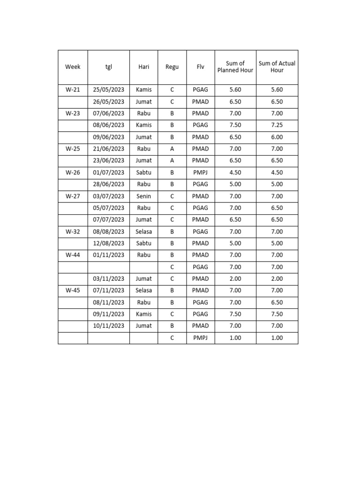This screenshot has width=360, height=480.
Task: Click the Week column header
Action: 73,67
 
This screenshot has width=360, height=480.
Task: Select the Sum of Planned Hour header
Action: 235,67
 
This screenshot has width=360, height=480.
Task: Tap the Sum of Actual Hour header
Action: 277,67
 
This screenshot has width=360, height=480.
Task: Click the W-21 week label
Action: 73,90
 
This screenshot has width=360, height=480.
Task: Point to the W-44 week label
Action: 73,255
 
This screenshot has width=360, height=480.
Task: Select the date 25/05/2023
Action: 109,90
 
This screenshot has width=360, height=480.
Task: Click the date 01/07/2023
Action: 109,172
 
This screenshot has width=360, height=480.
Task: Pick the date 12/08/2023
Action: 109,243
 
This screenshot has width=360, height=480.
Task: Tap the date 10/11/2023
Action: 109,326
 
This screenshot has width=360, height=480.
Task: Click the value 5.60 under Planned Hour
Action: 235,90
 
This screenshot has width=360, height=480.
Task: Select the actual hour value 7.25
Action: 277,125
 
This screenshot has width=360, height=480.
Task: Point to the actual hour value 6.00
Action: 277,137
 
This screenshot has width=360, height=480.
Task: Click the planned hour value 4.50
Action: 235,172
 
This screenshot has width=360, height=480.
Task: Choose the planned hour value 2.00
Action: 235,279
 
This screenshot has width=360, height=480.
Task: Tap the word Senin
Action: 144,196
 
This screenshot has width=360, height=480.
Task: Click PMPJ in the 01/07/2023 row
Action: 201,172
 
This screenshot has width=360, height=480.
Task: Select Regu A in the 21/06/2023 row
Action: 172,149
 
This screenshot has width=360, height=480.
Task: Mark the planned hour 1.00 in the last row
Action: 235,338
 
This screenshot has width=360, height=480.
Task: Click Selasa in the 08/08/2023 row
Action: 144,232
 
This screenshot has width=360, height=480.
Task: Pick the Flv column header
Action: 201,67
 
